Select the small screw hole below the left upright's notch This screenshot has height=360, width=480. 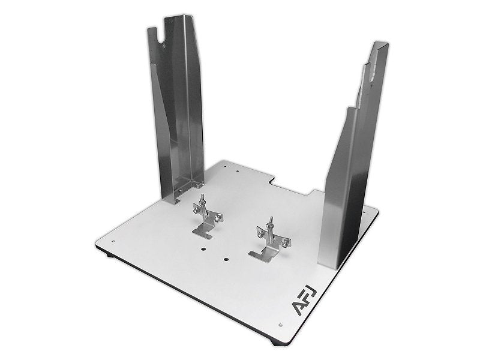point(164,46)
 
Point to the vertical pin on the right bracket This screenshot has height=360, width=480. point(271,228)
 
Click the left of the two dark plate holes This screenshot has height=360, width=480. point(203,249)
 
